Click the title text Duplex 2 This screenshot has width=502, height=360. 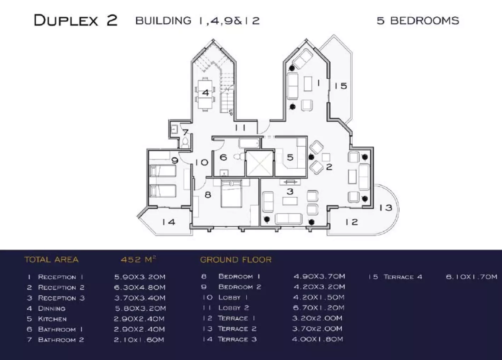[x=75, y=20]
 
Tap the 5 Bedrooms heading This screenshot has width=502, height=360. [x=418, y=21]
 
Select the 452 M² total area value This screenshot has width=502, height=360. [x=138, y=259]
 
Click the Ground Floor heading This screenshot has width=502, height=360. [x=236, y=260]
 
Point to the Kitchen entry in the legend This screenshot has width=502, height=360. [x=52, y=319]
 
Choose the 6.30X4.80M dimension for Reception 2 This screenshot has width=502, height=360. [x=139, y=287]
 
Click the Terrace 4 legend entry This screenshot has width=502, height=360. [x=403, y=277]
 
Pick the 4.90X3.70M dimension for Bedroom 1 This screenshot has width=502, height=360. [x=319, y=276]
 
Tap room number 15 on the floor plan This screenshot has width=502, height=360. [x=341, y=86]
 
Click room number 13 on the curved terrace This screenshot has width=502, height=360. [x=386, y=208]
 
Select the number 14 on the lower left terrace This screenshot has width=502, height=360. [x=169, y=222]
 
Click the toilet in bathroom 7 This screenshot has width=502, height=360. [x=185, y=143]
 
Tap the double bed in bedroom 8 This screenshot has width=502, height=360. [x=231, y=194]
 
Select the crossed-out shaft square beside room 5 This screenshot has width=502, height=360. [x=259, y=163]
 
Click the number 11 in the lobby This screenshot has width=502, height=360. [x=240, y=128]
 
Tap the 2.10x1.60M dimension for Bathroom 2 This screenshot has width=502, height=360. [x=139, y=339]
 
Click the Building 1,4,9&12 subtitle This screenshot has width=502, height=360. [x=198, y=21]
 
